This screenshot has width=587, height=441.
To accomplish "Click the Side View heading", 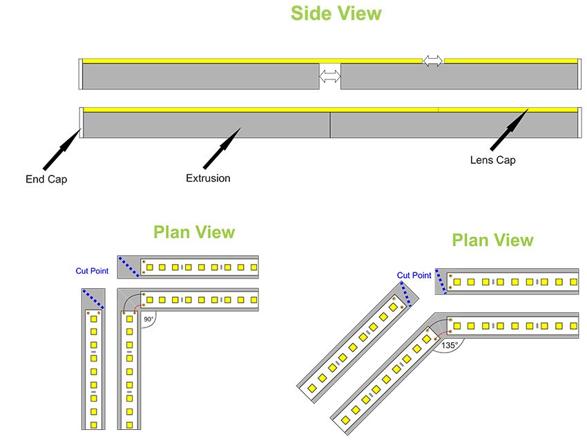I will [336, 14].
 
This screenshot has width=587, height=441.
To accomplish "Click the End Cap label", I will [48, 180].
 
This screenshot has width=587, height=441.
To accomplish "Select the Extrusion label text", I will [208, 178].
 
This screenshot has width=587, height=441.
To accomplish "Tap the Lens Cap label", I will [492, 160].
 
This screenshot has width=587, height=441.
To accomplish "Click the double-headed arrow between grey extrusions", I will [330, 76].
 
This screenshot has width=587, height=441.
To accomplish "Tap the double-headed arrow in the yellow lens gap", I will [433, 61].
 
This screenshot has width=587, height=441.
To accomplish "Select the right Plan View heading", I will [492, 241].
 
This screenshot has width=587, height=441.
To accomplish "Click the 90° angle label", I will [148, 320].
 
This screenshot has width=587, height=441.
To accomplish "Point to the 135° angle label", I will [450, 343].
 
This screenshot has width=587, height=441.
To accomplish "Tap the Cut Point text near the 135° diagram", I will [414, 275].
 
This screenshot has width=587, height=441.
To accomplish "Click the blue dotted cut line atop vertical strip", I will [93, 299].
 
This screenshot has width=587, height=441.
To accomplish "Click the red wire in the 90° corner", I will [135, 306].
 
